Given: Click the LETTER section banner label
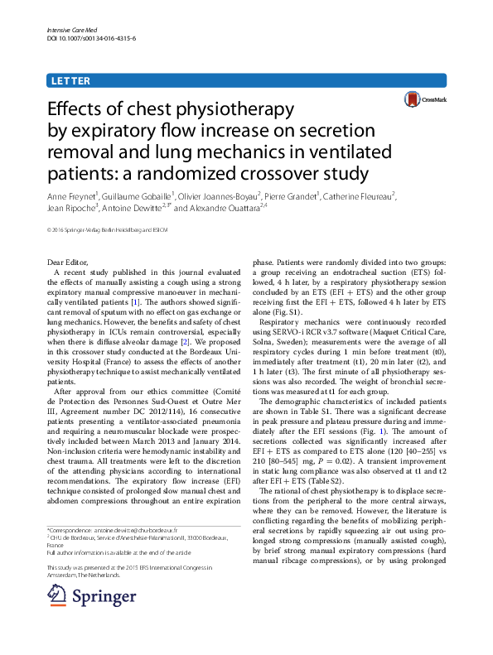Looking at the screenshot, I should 71,80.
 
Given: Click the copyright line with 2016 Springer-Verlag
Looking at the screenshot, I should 108,229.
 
